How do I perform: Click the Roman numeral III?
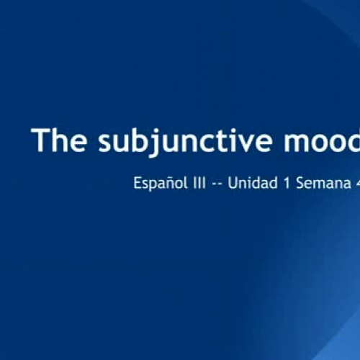pyautogui.click(x=199, y=183)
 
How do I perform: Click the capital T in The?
pyautogui.click(x=40, y=140)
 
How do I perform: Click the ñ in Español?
pyautogui.click(x=166, y=183)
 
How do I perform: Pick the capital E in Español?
pyautogui.click(x=138, y=183)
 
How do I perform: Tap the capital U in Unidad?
pyautogui.click(x=233, y=183)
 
